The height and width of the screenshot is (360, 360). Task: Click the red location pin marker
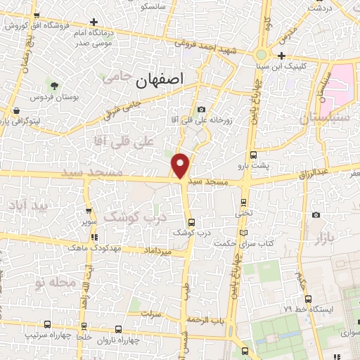click(181, 166)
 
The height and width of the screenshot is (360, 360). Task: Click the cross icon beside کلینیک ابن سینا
click(281, 56)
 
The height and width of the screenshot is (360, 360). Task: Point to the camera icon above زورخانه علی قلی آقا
click(202, 109)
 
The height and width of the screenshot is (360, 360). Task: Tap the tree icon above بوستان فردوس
click(56, 84)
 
